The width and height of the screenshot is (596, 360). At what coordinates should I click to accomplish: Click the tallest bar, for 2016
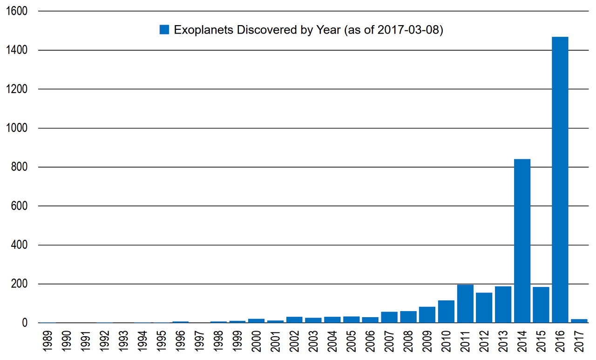560,180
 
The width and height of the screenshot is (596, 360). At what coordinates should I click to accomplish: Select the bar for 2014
522,241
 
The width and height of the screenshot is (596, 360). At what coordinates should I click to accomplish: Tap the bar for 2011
465,304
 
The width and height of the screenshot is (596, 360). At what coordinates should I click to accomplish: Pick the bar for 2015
541,305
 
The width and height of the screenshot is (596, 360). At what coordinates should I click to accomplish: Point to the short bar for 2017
579,321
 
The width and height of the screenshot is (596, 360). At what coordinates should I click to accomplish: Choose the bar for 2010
446,312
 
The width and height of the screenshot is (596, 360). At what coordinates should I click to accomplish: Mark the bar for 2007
389,318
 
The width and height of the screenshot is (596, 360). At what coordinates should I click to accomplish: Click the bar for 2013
503,305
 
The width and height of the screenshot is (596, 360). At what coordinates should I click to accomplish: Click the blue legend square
164,29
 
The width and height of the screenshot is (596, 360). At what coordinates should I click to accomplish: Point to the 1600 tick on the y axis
16,11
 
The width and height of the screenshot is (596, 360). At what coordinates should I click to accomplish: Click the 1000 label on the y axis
16,128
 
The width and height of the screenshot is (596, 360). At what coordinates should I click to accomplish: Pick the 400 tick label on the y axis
19,245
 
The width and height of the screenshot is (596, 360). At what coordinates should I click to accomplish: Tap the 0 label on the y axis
25,323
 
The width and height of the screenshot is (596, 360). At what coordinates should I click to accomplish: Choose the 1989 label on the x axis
47,341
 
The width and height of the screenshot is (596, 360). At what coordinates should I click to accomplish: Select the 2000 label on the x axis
256,341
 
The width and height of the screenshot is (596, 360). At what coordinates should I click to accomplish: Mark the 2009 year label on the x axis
427,341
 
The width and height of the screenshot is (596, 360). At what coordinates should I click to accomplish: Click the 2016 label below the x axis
560,341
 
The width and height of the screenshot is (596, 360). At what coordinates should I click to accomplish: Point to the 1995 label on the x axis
161,341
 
